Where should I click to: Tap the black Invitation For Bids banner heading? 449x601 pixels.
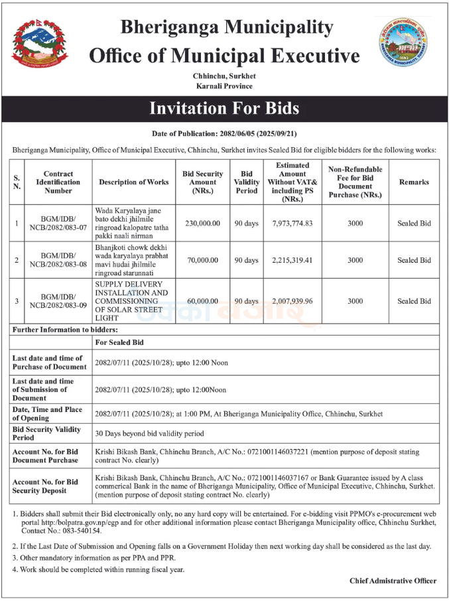(224, 108)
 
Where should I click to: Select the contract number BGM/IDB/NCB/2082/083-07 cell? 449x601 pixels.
(58, 224)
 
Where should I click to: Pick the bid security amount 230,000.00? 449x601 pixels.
(202, 224)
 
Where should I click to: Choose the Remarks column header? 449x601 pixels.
(414, 182)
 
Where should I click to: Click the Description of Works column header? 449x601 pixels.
(134, 182)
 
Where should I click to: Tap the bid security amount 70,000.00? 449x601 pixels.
(202, 260)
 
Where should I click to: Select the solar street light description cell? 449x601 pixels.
(131, 301)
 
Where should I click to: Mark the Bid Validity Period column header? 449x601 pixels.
(247, 182)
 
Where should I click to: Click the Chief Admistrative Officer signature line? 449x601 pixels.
(393, 580)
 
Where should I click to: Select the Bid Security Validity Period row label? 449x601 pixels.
(46, 433)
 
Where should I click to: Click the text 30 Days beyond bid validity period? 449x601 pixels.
(149, 433)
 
